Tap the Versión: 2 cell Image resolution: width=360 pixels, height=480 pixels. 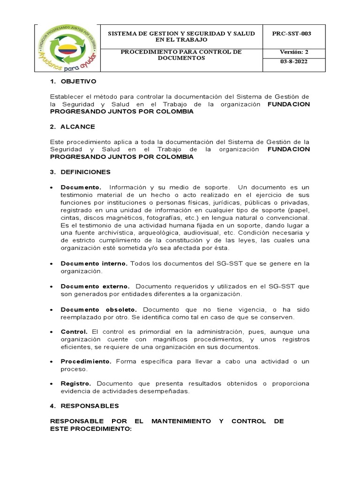pos(294,52)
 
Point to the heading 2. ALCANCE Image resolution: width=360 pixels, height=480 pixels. pos(73,127)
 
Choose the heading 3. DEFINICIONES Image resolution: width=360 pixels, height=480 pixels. pos(80,172)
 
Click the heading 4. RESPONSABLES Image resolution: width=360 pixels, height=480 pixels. pos(84,405)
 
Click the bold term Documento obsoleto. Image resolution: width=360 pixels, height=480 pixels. pos(99,309)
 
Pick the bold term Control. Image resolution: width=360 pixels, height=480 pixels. pos(74,332)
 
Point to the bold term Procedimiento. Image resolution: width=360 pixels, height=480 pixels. pos(86,361)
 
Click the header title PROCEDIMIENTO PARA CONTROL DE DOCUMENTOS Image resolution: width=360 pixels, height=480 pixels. pos(181,55)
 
